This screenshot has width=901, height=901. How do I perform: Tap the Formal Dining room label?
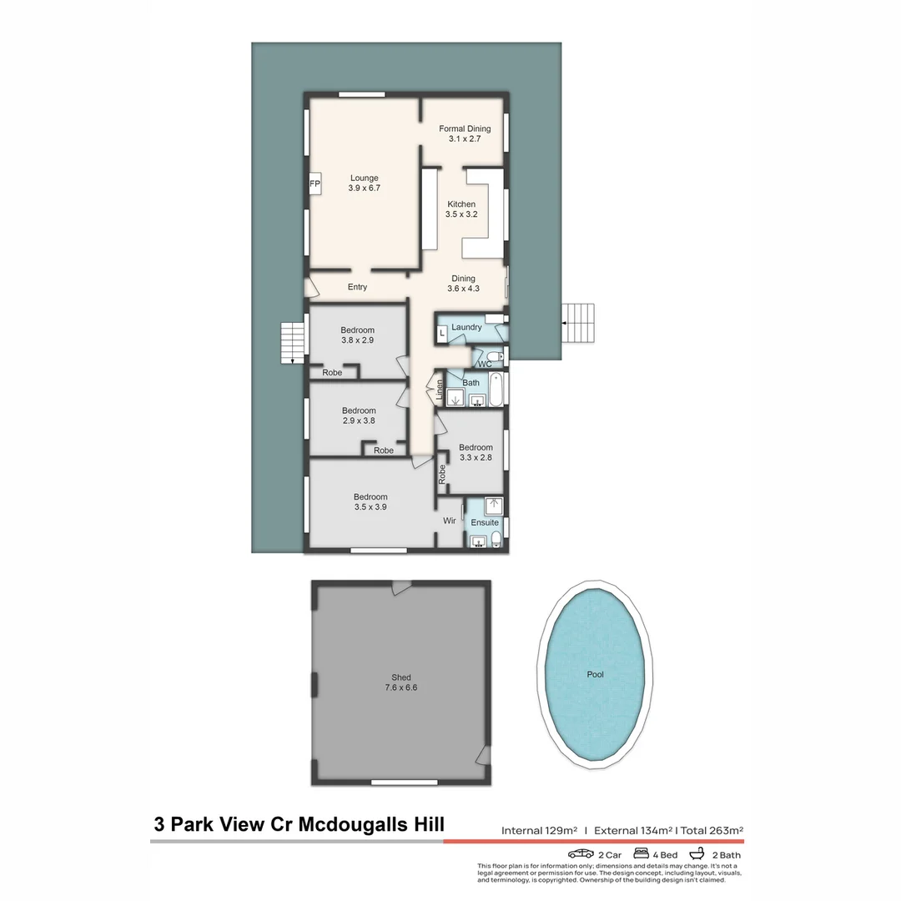465,128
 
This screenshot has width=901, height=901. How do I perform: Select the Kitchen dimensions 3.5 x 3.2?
461,214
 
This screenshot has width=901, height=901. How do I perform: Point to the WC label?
485,365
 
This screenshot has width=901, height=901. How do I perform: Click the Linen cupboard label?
440,390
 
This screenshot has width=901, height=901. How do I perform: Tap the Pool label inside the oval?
595,674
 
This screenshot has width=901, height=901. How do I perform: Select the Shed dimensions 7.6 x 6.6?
400,688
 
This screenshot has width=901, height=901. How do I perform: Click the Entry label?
357,287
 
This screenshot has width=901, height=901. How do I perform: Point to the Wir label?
449,521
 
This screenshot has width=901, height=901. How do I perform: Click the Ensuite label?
484,523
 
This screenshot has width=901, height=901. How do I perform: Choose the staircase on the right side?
580,323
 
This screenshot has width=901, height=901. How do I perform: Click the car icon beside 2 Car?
581,854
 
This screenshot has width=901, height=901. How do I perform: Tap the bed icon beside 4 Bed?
642,854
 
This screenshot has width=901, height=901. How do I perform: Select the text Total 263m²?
712,830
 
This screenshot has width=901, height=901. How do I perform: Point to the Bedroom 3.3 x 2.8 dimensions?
476,458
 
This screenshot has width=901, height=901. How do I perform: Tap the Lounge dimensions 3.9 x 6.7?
364,189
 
